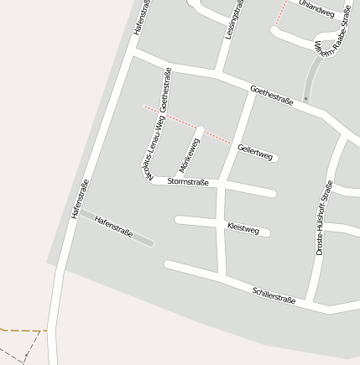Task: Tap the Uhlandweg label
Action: (316, 10)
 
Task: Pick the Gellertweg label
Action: (255, 152)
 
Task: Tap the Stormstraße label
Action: (188, 181)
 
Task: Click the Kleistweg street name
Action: (243, 228)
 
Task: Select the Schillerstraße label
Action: (274, 295)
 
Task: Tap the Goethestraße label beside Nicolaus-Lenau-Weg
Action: (165, 90)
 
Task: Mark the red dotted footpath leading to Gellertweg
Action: (189, 124)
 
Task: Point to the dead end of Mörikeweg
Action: (201, 130)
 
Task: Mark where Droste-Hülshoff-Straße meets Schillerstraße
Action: (310, 302)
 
